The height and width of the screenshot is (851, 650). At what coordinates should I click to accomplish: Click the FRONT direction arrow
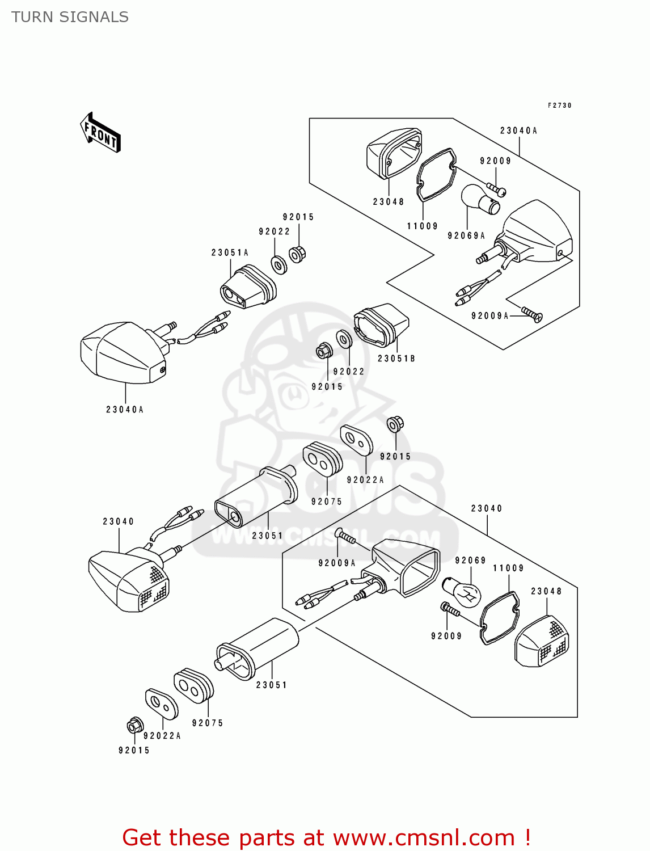(101, 133)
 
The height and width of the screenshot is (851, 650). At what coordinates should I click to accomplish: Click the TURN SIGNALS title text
(70, 17)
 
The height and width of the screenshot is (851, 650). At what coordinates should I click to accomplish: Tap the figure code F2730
(559, 106)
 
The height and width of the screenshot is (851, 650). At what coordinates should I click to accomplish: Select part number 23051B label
(396, 359)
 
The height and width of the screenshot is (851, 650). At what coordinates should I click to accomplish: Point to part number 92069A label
(466, 235)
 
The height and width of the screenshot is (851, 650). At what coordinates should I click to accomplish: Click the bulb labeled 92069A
(480, 199)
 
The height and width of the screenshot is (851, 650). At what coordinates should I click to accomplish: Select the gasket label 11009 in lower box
(508, 568)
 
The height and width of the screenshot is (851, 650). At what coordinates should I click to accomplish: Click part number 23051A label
(230, 252)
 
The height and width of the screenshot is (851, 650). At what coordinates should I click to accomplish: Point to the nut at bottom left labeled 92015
(134, 725)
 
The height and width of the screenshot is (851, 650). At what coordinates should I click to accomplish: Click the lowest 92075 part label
(208, 723)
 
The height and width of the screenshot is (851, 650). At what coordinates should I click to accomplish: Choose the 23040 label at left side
(119, 521)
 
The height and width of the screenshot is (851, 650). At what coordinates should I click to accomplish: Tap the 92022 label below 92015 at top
(275, 231)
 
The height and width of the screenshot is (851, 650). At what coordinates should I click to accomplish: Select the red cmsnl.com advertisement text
(327, 837)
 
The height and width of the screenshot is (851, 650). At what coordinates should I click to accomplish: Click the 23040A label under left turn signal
(125, 410)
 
